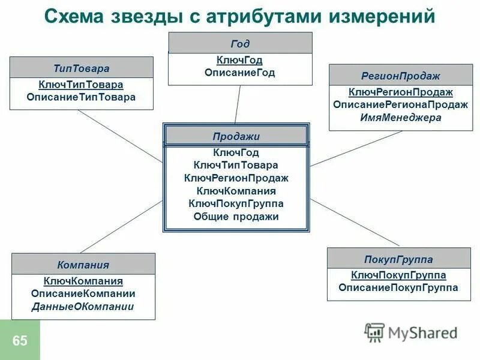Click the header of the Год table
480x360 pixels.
click(x=240, y=43)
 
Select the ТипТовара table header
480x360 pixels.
click(x=82, y=68)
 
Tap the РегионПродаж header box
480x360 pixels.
click(x=401, y=76)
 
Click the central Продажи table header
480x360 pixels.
click(x=236, y=136)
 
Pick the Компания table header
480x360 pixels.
click(x=83, y=264)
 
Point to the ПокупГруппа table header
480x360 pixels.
click(x=398, y=259)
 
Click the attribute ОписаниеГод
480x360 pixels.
click(x=240, y=73)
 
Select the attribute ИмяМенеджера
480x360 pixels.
click(x=401, y=118)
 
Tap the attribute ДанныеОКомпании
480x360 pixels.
click(x=83, y=307)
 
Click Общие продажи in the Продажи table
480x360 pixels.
click(x=236, y=217)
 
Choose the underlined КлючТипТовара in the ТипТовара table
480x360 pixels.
click(x=81, y=85)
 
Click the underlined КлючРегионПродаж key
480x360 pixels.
click(x=401, y=92)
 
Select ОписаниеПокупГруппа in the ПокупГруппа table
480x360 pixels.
click(x=398, y=288)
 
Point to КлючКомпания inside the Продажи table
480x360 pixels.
click(x=236, y=191)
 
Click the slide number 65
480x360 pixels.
click(x=20, y=341)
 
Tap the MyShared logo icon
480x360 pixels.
click(x=374, y=332)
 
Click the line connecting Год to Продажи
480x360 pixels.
click(x=238, y=104)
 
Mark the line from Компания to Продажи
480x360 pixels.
click(x=120, y=227)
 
